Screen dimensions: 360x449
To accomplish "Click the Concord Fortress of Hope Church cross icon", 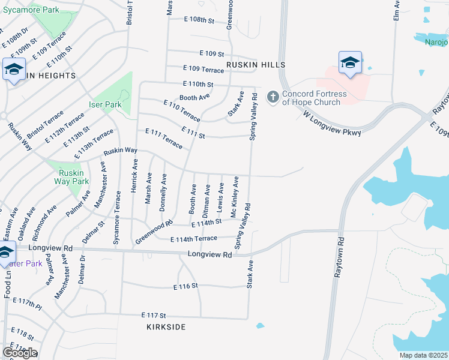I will click(273, 97).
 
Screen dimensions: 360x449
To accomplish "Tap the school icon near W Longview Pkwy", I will click(350, 63).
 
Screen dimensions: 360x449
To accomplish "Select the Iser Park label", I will click(106, 104).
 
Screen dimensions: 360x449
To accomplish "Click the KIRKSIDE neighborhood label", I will click(166, 327).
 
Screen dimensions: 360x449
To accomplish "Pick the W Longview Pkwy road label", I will click(332, 123).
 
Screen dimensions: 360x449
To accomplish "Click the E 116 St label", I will click(185, 287).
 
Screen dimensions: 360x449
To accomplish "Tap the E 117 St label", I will click(153, 315).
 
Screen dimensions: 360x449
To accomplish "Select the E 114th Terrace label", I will click(193, 239).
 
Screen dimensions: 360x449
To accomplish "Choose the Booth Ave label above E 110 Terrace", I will click(194, 97).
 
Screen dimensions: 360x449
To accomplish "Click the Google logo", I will click(19, 353).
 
